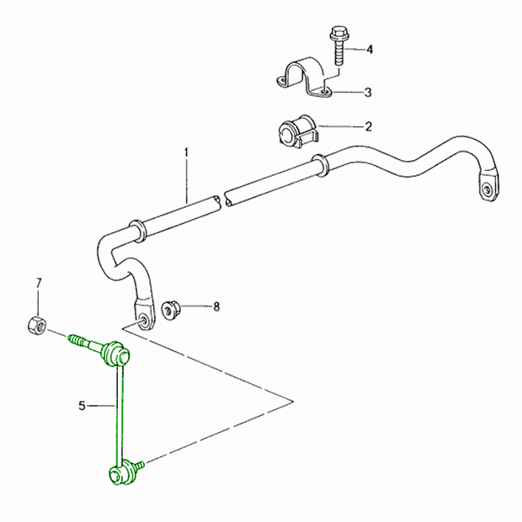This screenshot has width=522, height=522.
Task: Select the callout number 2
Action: (368, 126)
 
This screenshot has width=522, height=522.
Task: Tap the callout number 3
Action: (368, 93)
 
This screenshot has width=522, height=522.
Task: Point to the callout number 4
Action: (370, 50)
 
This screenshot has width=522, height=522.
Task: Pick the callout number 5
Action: (82, 406)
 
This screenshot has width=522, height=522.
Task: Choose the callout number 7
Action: (39, 283)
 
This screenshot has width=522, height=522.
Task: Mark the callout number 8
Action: (216, 306)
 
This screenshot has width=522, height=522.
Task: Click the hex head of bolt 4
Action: (338, 32)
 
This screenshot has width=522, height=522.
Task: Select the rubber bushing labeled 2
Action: (297, 130)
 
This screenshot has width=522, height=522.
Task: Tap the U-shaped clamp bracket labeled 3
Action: (305, 77)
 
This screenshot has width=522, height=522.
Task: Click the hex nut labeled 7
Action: (36, 325)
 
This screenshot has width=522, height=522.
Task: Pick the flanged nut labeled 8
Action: (171, 310)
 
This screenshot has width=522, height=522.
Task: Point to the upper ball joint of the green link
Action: (116, 354)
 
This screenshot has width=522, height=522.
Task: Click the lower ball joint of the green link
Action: (122, 471)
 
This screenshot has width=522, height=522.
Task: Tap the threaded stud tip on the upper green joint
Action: (76, 340)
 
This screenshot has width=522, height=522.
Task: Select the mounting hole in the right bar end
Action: (487, 190)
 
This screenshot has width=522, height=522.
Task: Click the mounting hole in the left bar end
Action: (145, 320)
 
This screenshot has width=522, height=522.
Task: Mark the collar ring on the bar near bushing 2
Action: (320, 165)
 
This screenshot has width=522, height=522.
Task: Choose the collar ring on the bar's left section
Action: (136, 231)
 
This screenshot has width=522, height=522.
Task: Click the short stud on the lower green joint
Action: (140, 465)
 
